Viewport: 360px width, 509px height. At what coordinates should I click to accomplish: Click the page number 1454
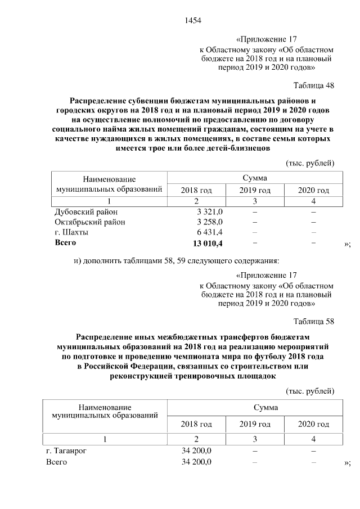(192, 21)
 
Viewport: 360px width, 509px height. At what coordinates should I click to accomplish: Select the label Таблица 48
(314, 85)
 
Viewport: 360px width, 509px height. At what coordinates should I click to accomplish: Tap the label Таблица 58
(314, 322)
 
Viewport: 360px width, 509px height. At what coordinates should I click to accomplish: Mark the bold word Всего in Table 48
(65, 243)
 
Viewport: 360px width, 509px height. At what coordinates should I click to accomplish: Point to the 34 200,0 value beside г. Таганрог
(196, 451)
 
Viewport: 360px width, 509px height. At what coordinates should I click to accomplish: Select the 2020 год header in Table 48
(313, 190)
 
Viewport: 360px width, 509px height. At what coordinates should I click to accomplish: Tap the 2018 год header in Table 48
(196, 190)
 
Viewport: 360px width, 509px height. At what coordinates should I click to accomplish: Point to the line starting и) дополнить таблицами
(175, 260)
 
